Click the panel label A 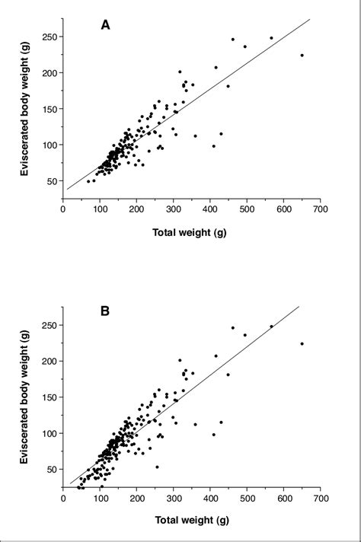[x=106, y=25]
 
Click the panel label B [x=106, y=311]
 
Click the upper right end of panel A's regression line [x=311, y=19]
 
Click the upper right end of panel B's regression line [x=299, y=306]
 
